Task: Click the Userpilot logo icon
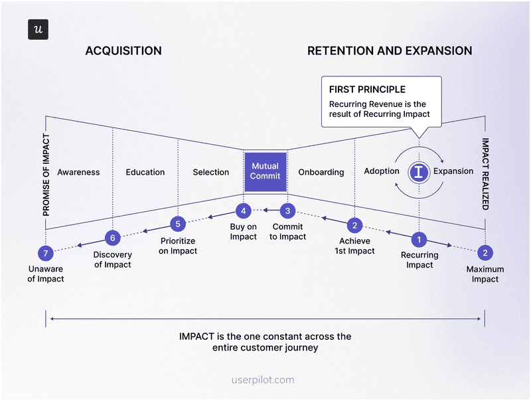pos(38,30)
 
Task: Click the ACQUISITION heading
pos(123,51)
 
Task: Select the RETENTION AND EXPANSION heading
pos(390,51)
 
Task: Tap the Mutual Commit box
pos(265,171)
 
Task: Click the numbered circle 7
pos(45,253)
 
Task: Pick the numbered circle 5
pos(178,223)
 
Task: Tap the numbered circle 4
pos(244,211)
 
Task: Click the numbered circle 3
pos(287,211)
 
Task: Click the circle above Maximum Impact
pos(485,252)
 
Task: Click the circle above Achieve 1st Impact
pos(355,224)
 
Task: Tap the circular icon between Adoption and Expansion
pos(418,172)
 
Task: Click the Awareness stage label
pos(78,172)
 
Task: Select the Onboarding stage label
pos(321,172)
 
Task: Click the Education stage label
pos(145,172)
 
